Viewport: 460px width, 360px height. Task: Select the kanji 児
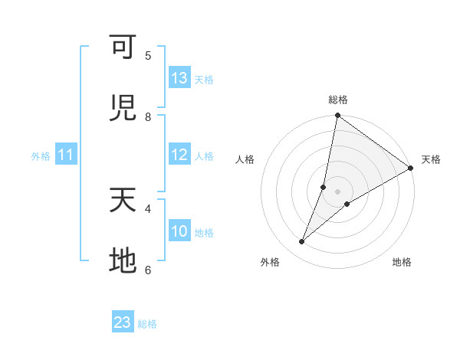(123, 109)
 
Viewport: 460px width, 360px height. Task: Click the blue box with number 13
(179, 78)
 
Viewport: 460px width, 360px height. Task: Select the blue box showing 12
(179, 155)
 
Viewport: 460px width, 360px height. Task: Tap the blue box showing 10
(179, 231)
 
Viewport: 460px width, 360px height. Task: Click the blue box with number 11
(66, 155)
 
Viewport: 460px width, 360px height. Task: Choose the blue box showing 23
(123, 322)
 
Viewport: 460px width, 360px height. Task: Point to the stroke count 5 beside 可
(148, 55)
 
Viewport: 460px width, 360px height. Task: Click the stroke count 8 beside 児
(148, 116)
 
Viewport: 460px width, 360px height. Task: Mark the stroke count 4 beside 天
(148, 208)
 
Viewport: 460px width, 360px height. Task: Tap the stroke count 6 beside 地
(148, 270)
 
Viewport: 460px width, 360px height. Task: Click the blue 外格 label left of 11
(41, 156)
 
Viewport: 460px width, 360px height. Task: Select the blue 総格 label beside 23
(147, 324)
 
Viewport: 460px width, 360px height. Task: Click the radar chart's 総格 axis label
(338, 100)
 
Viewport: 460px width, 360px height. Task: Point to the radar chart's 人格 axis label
(245, 159)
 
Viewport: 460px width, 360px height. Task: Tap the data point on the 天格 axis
(411, 169)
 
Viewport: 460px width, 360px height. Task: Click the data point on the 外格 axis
(302, 242)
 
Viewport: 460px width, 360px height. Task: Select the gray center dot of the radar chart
(338, 191)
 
